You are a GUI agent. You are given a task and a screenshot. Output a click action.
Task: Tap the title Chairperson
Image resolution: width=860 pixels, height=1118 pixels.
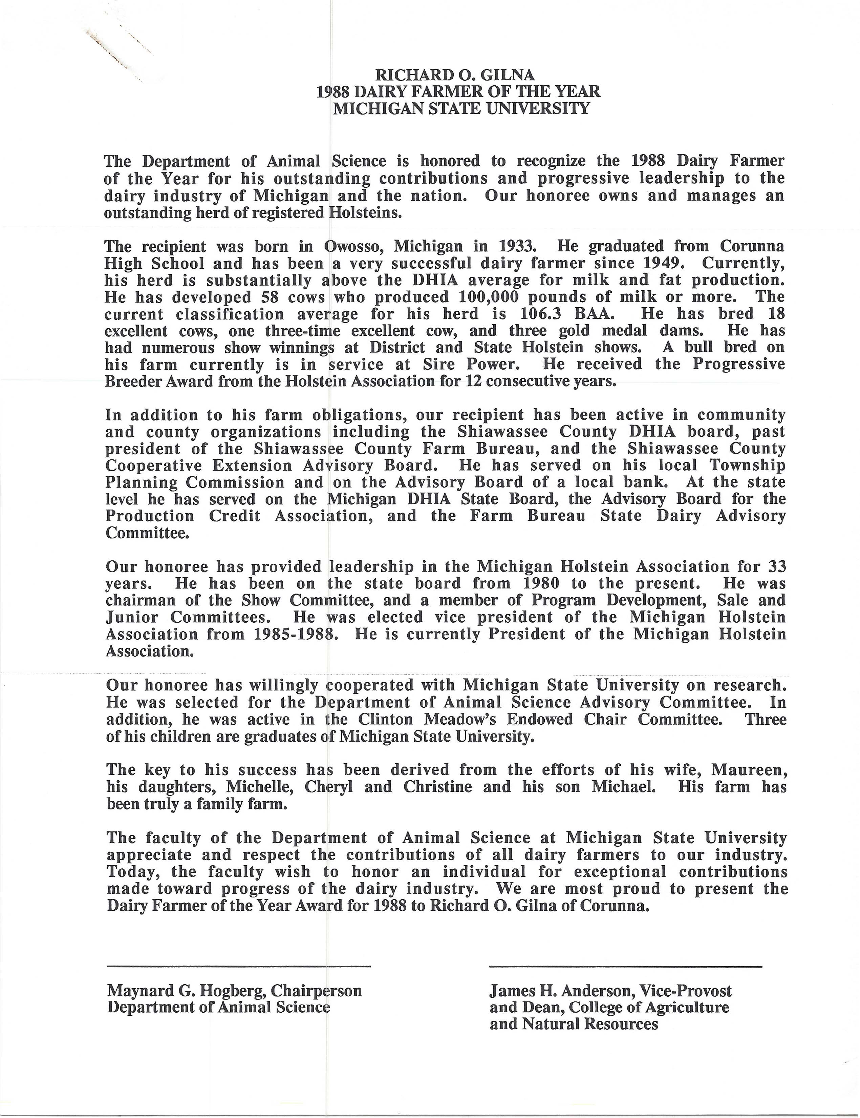316,991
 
